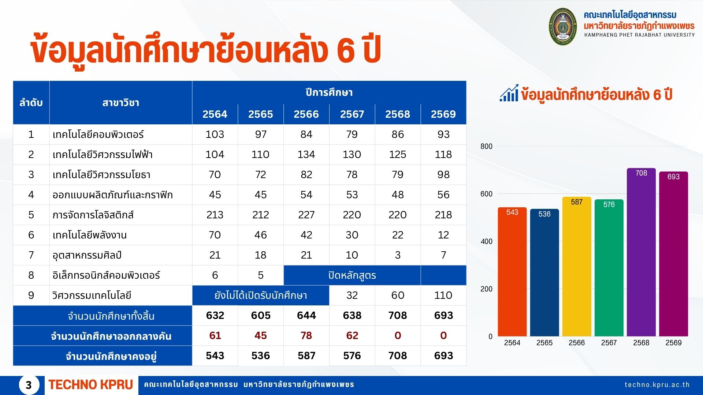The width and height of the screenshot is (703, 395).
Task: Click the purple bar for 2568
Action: [x=641, y=252]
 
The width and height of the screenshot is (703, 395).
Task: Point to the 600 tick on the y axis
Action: [x=486, y=194]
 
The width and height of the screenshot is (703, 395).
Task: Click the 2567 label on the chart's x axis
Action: [x=609, y=343]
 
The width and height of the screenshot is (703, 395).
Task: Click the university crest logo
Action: [x=563, y=26]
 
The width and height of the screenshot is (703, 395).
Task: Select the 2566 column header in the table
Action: [x=306, y=114]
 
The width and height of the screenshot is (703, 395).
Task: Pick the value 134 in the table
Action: [x=306, y=154]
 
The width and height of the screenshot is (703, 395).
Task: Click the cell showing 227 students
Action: [x=306, y=215]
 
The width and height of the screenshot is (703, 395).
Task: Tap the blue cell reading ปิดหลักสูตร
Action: [x=352, y=275]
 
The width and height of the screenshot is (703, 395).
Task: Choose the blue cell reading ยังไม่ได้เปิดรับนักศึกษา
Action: [x=261, y=295]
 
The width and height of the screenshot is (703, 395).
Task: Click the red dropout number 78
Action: [x=306, y=335]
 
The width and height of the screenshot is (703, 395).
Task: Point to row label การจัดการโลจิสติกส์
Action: [x=93, y=215]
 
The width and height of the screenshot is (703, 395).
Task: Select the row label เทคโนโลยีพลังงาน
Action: [x=89, y=235]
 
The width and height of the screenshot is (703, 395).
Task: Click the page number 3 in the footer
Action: [x=29, y=385]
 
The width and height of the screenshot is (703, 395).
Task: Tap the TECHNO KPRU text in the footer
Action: [x=90, y=385]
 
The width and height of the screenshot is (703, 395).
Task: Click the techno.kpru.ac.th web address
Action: [x=657, y=385]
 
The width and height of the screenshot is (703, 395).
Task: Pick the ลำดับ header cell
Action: [x=31, y=103]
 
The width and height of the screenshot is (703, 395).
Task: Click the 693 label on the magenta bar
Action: [x=673, y=177]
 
